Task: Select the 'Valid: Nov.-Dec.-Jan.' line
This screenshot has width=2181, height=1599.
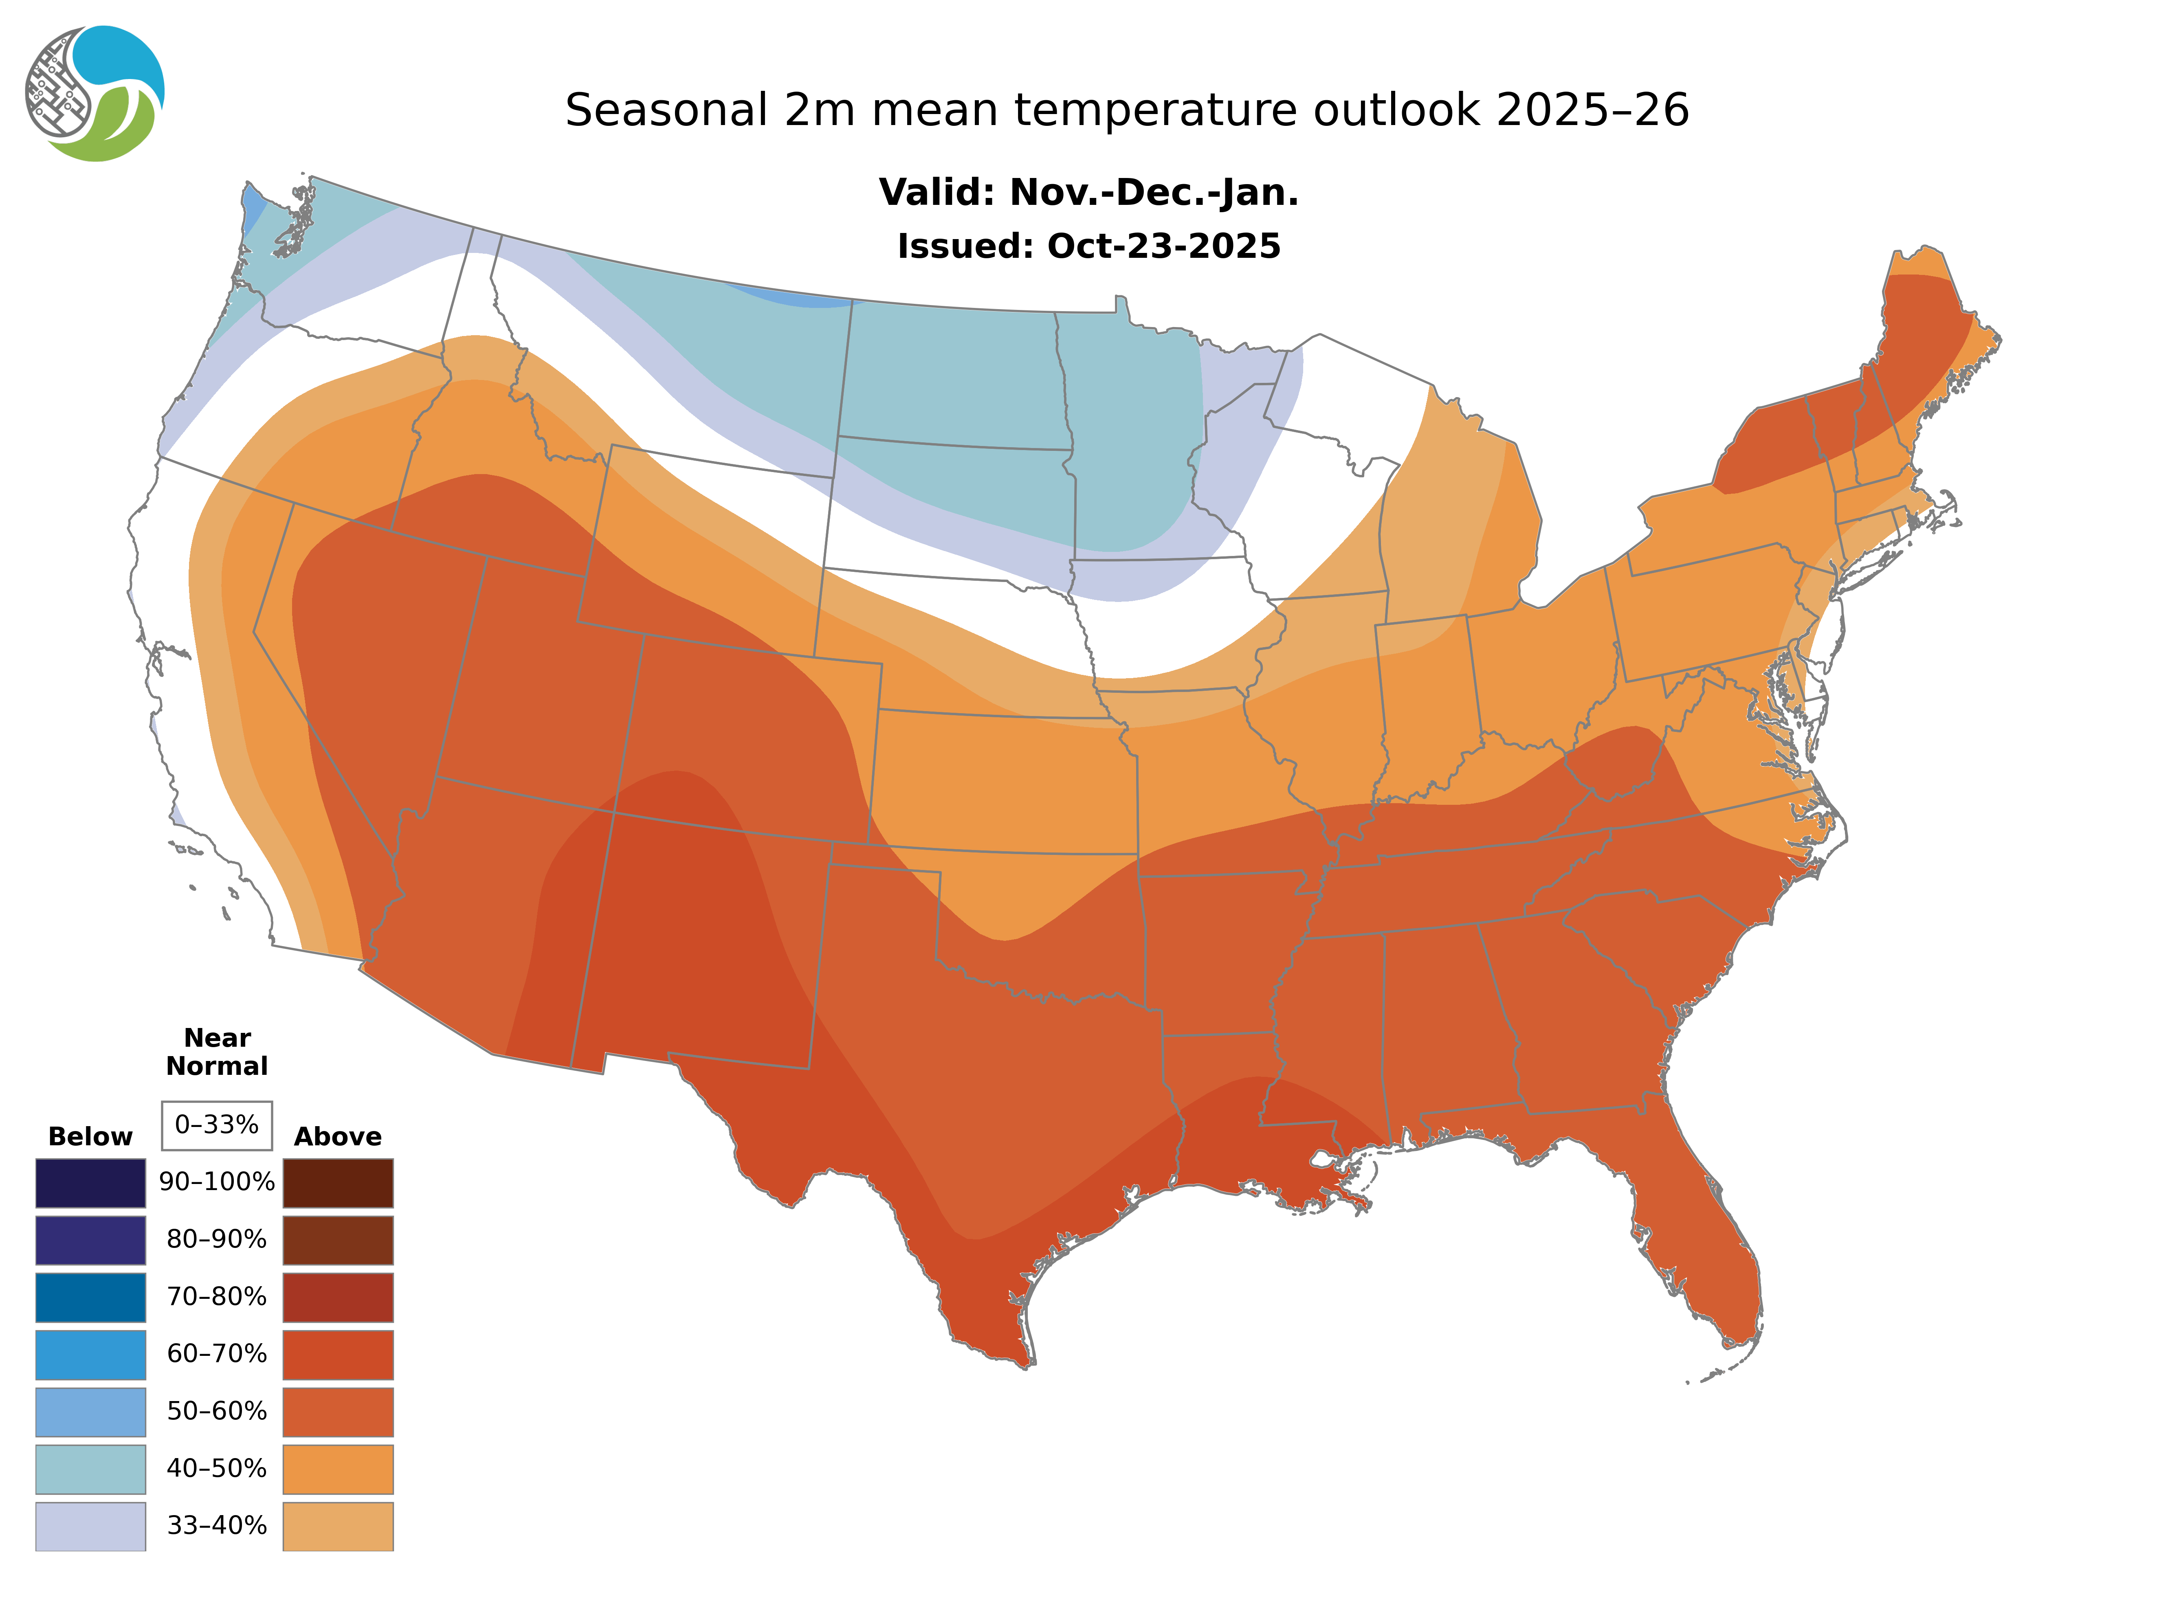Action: coord(1088,193)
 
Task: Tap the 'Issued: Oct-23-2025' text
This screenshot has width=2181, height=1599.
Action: coord(1088,246)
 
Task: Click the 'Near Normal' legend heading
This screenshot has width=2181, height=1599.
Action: coord(217,1052)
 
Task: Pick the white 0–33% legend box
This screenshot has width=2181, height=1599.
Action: coord(217,1125)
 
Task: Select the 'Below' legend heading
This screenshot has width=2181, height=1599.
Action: coord(90,1136)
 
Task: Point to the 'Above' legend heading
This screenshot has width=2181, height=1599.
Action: coord(338,1136)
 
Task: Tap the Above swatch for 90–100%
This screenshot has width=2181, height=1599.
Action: coord(338,1183)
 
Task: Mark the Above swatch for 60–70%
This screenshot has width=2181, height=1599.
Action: coord(338,1354)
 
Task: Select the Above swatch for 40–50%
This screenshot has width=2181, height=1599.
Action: coord(338,1468)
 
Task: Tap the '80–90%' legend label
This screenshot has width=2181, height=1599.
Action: coord(217,1240)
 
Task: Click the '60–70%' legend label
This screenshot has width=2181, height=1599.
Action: coord(217,1354)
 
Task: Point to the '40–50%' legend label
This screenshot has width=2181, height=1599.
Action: coord(217,1468)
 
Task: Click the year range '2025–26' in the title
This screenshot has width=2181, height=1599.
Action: coord(1592,110)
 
